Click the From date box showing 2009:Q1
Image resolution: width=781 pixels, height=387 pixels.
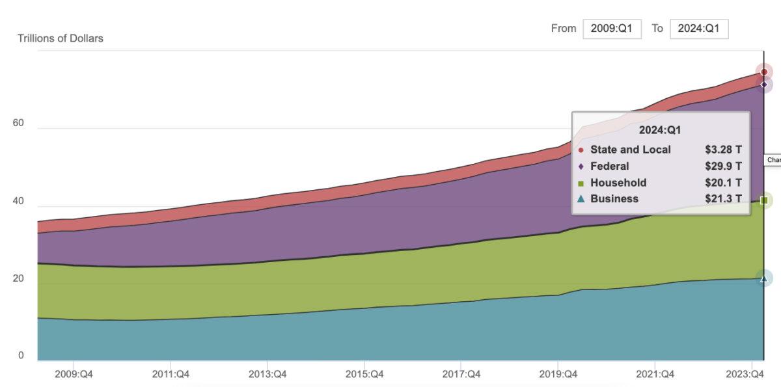coord(612,29)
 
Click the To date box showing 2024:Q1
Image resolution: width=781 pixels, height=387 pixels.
coord(698,29)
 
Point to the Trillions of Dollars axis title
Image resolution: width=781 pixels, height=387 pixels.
coord(61,38)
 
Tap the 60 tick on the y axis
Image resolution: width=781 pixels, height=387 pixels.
coord(18,123)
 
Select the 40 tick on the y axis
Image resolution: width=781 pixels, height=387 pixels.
coord(18,201)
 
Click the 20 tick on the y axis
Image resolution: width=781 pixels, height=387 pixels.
coord(18,278)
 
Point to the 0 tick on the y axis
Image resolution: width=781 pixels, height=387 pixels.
coord(21,355)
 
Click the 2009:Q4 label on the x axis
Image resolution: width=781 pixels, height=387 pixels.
coord(74,374)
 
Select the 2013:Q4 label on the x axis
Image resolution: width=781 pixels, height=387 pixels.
coord(267,374)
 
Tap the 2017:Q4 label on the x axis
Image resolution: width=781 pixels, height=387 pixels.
coord(461,374)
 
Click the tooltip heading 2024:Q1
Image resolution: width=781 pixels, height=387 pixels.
coord(660,130)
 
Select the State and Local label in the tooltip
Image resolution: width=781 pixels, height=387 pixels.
coord(630,150)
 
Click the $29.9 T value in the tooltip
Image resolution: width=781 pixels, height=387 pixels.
coord(723,166)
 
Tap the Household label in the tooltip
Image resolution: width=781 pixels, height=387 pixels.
coord(618,183)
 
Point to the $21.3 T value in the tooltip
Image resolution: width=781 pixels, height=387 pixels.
coord(723,199)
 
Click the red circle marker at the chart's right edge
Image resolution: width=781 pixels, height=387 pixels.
coord(764,72)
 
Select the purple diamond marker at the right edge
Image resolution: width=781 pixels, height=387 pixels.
coord(764,85)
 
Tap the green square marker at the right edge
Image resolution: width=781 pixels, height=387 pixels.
coord(764,200)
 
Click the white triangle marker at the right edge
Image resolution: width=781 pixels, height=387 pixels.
coord(764,278)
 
